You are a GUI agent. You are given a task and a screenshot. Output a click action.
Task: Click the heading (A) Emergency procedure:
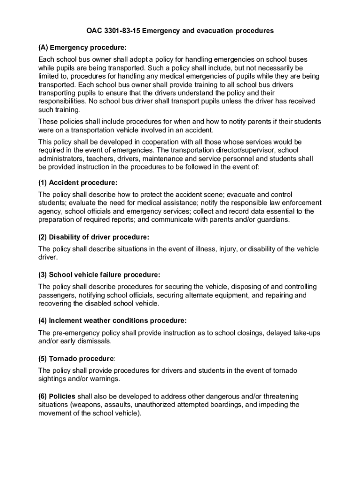tap(82, 48)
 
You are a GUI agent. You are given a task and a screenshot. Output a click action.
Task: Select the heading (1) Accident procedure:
tap(78, 182)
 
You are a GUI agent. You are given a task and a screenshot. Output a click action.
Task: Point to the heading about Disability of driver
tap(94, 237)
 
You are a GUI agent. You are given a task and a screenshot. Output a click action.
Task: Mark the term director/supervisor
tap(239, 150)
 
